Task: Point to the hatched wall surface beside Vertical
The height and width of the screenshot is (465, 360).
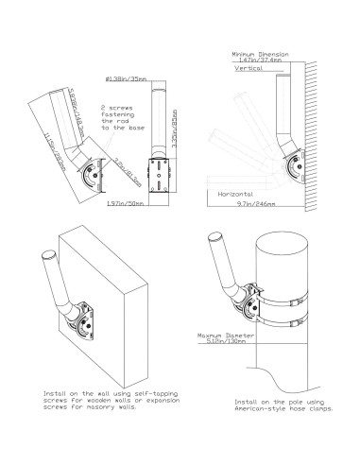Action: [311, 123]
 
